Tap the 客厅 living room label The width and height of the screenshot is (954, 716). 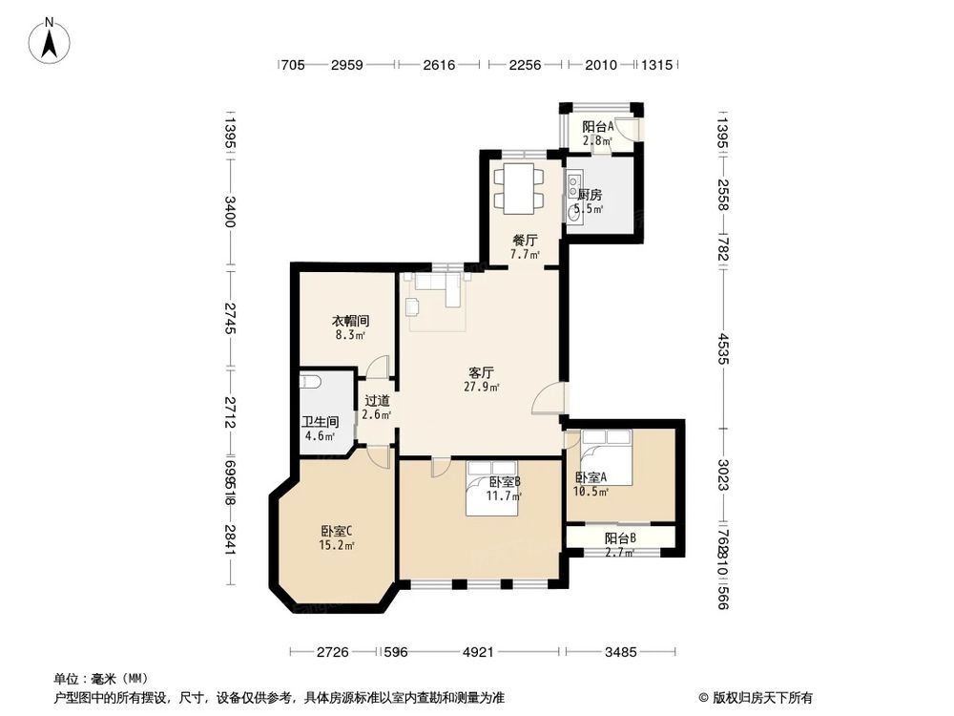(480, 372)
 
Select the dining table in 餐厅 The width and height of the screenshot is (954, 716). (520, 189)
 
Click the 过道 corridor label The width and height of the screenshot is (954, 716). (377, 401)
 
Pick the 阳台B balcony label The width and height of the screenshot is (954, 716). (620, 538)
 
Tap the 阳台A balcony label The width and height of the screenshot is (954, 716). (598, 126)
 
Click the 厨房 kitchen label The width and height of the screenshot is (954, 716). (589, 195)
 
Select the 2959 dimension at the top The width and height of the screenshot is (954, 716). (347, 65)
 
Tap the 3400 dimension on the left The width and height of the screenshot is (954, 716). (230, 210)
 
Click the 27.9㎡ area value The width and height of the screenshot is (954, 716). (480, 388)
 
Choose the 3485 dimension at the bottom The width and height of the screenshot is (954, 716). (621, 653)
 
